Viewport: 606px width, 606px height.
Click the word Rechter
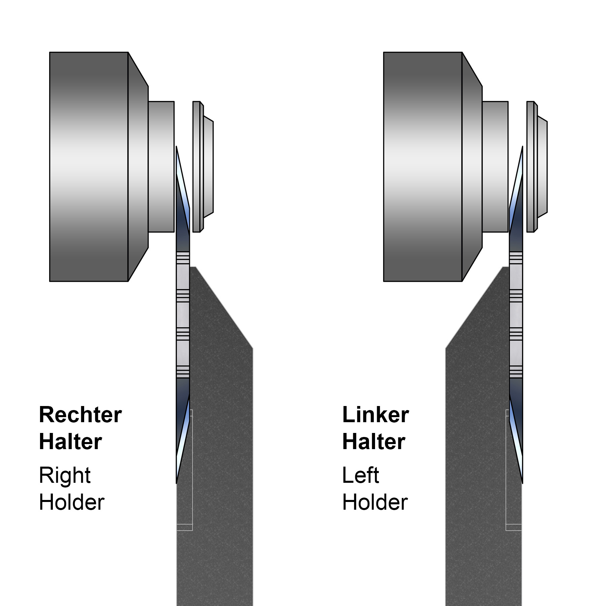click(x=80, y=415)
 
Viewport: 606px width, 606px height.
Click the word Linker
click(x=375, y=415)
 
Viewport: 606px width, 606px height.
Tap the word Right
click(x=65, y=475)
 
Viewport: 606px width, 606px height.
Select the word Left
click(x=360, y=475)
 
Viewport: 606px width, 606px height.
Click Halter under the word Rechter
click(x=70, y=442)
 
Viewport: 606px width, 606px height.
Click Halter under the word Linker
click(x=373, y=442)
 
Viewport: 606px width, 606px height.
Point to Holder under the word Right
click(x=71, y=502)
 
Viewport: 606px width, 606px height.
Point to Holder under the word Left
click(x=375, y=502)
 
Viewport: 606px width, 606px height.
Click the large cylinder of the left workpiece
click(x=89, y=167)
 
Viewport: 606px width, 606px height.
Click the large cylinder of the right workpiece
click(x=423, y=167)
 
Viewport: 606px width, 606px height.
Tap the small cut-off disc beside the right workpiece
click(x=537, y=167)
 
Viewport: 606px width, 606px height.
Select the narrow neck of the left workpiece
click(x=161, y=167)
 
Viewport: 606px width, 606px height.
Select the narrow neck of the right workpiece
click(x=495, y=167)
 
